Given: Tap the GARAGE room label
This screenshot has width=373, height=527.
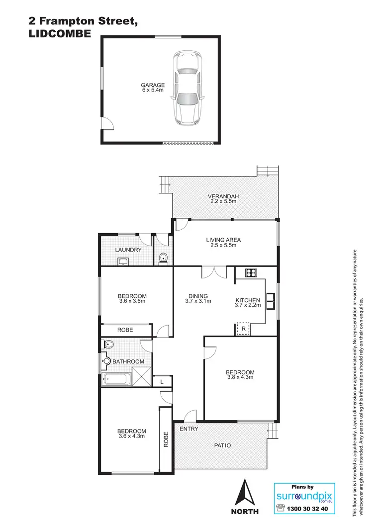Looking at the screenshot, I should click(x=153, y=85).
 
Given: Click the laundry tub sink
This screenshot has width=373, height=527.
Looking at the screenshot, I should click(x=123, y=262).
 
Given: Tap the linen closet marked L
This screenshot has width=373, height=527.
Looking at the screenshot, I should click(x=162, y=381).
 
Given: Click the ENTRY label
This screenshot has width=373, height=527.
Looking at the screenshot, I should click(x=189, y=429).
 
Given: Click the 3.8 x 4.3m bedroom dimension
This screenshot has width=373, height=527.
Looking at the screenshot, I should click(x=240, y=377).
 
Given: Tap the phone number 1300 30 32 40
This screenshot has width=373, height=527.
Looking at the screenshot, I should click(x=309, y=509).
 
